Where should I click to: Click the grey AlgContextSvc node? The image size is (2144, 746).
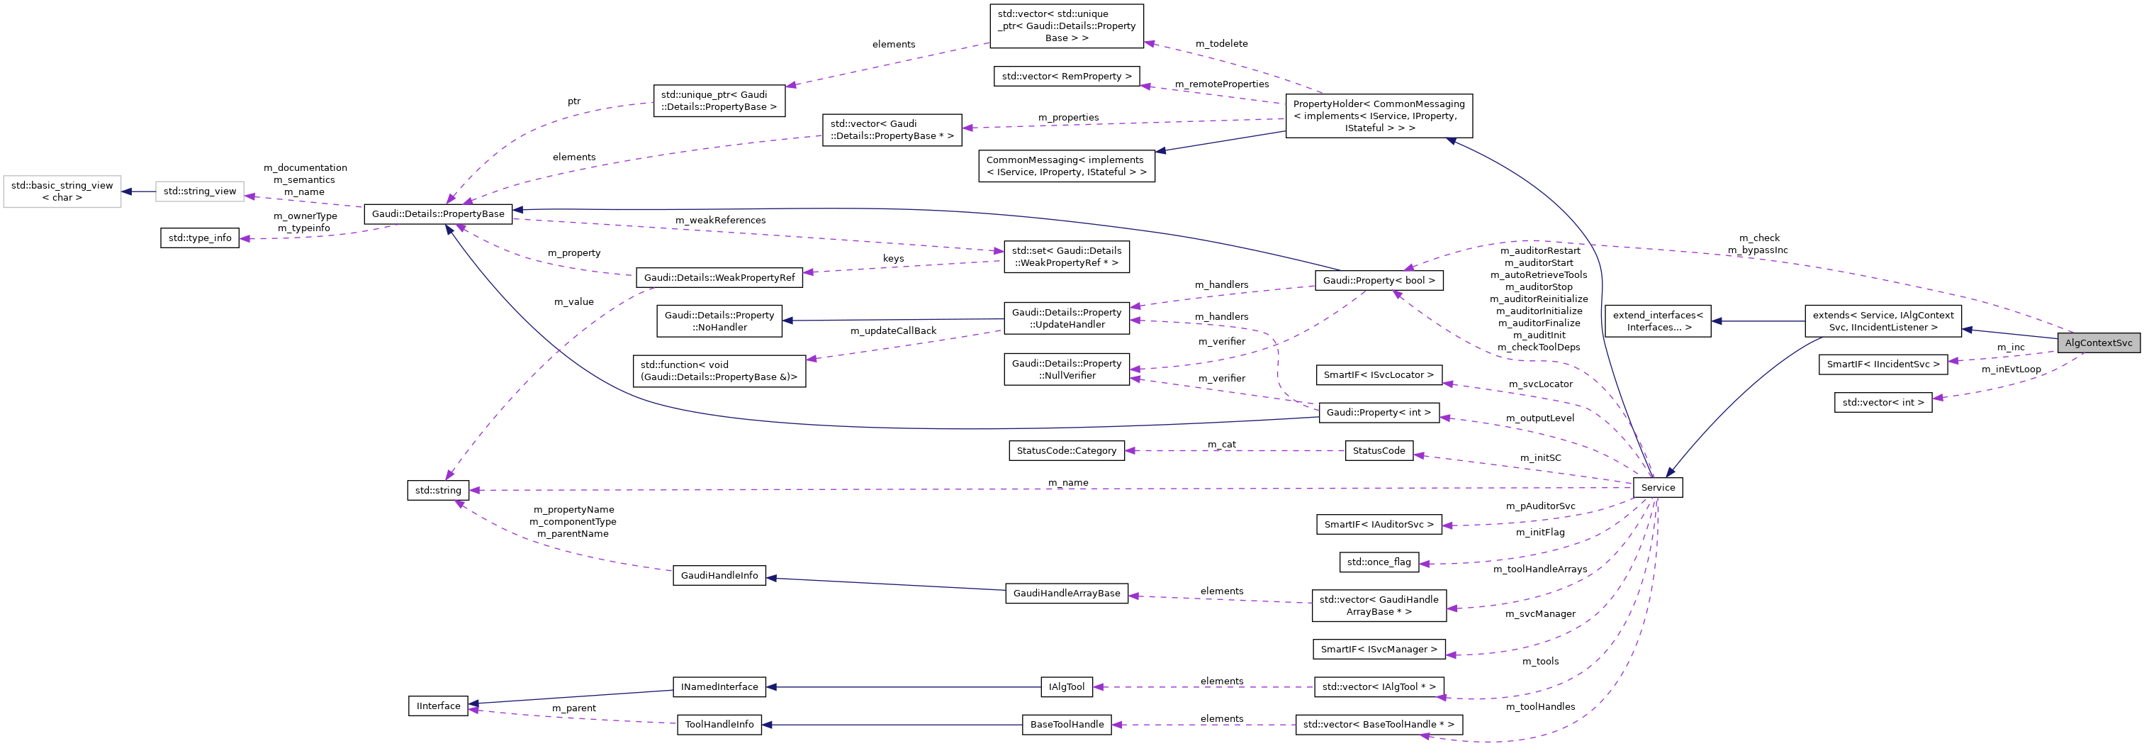tap(2098, 343)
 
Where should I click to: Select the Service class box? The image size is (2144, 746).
tap(1657, 488)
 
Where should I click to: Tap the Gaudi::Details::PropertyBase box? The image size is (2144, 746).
tap(438, 214)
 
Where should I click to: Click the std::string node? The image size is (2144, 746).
tap(438, 491)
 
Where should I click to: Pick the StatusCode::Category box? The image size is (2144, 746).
tap(1066, 450)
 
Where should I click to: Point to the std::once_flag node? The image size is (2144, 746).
tap(1379, 562)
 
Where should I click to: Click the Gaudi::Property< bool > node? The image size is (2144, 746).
tap(1379, 281)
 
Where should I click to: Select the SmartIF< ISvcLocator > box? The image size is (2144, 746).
tap(1379, 374)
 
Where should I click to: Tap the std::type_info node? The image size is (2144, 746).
tap(200, 238)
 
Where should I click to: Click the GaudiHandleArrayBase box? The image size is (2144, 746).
tap(1066, 594)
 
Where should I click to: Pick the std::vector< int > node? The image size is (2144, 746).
tap(1882, 403)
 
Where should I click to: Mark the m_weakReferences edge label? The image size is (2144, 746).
tap(720, 221)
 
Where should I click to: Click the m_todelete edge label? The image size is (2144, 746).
tap(1221, 43)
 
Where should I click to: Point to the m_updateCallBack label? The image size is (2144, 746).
tap(892, 331)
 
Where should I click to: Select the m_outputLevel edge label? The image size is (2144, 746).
tap(1539, 418)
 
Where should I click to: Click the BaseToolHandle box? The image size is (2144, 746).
tap(1066, 724)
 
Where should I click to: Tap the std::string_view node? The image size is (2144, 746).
tap(200, 191)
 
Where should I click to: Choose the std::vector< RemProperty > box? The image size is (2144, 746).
tap(1066, 77)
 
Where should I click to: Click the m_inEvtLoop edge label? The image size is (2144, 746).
tap(2010, 369)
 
